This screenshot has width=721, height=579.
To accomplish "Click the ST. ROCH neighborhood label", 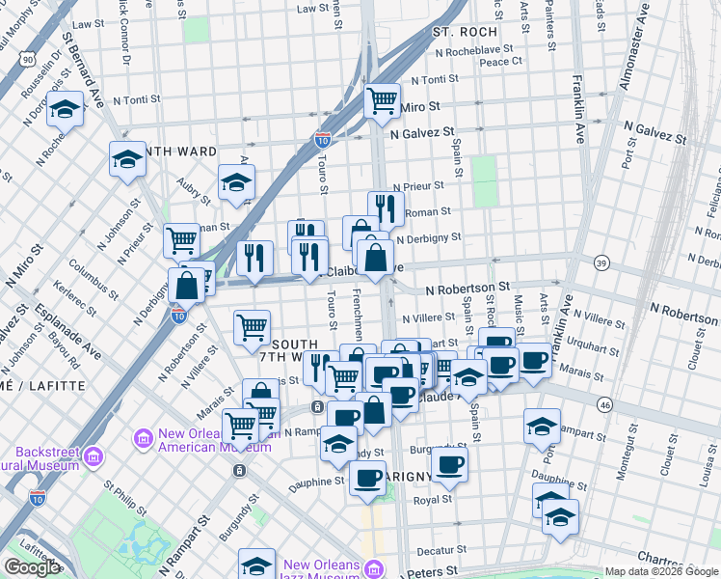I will (464, 32).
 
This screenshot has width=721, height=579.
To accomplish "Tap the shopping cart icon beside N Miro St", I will (383, 99).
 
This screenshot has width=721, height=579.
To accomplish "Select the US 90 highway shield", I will (25, 59).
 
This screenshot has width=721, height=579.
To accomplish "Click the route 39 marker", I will (601, 263).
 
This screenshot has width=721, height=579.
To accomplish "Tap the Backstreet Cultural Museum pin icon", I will (94, 455).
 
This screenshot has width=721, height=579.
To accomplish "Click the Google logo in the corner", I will (31, 567).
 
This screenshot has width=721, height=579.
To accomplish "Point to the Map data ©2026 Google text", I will (660, 571).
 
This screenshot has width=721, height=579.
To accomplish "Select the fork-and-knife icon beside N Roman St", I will (385, 207).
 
